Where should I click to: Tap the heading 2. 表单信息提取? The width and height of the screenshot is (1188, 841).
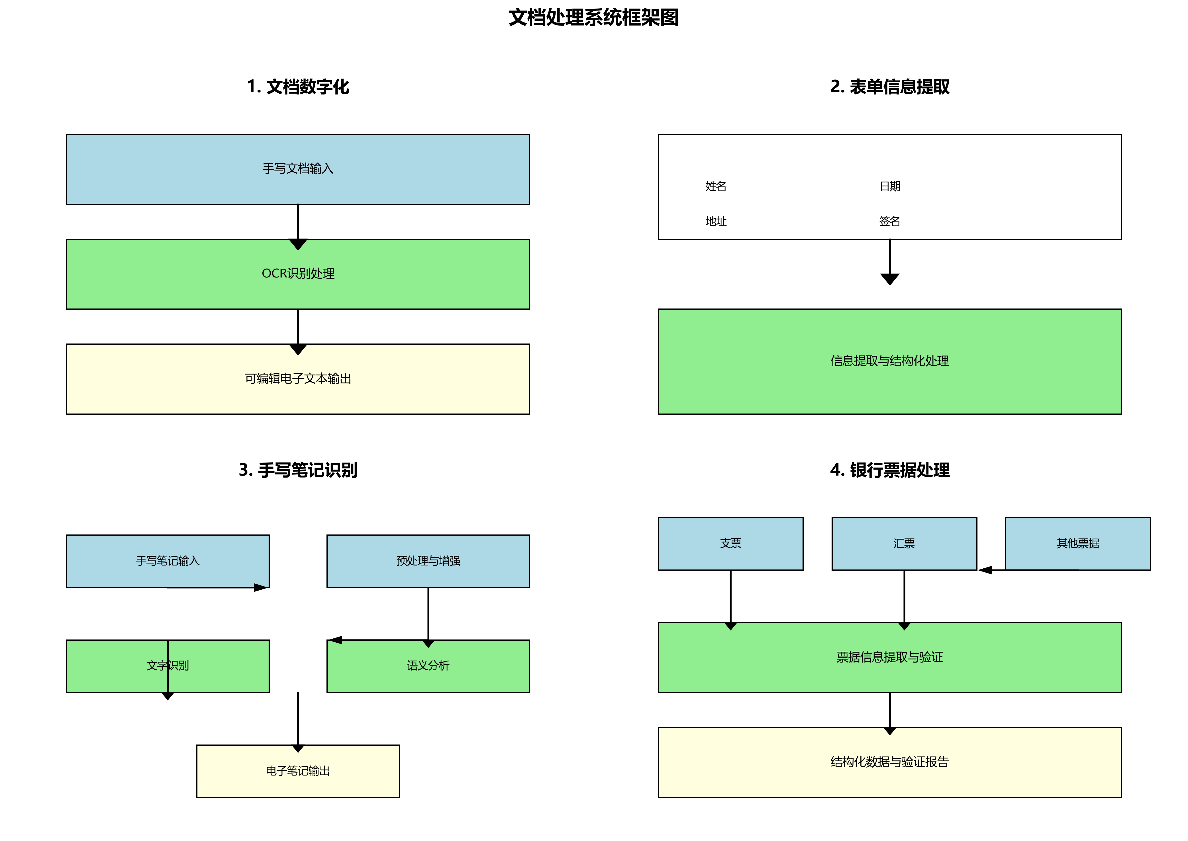pos(889,87)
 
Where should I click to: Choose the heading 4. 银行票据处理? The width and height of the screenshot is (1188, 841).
pos(889,470)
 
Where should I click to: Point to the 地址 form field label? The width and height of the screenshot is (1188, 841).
pos(716,221)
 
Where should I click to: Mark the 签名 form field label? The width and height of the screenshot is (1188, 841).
pos(889,221)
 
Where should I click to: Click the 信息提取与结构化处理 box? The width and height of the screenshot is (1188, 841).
pos(889,361)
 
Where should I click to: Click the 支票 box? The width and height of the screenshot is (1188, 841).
pos(730,543)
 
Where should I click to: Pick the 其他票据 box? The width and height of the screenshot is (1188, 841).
pos(1077,543)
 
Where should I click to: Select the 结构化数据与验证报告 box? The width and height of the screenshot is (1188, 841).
pos(889,762)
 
